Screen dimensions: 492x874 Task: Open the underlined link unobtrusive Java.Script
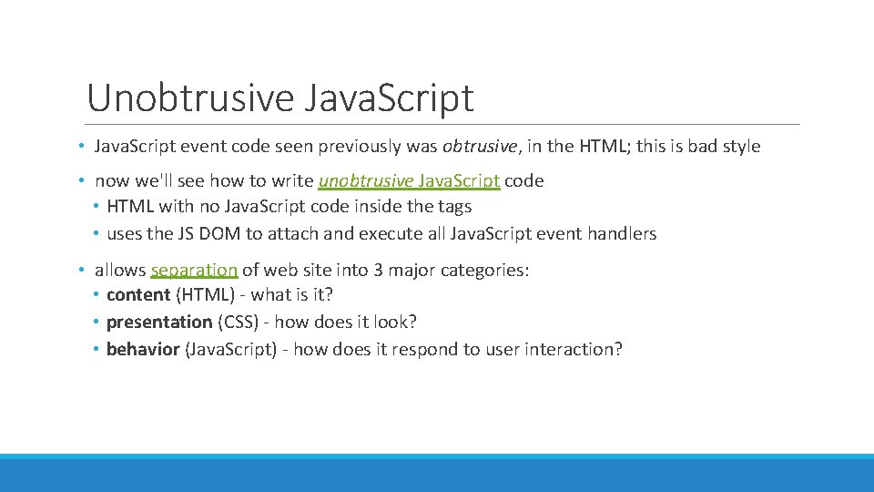409,180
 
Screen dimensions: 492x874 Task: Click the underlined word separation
194,270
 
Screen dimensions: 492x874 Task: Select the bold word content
138,295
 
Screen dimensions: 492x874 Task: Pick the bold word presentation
158,322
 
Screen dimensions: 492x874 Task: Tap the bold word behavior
143,349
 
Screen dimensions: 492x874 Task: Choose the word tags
453,207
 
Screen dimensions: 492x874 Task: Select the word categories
487,270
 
